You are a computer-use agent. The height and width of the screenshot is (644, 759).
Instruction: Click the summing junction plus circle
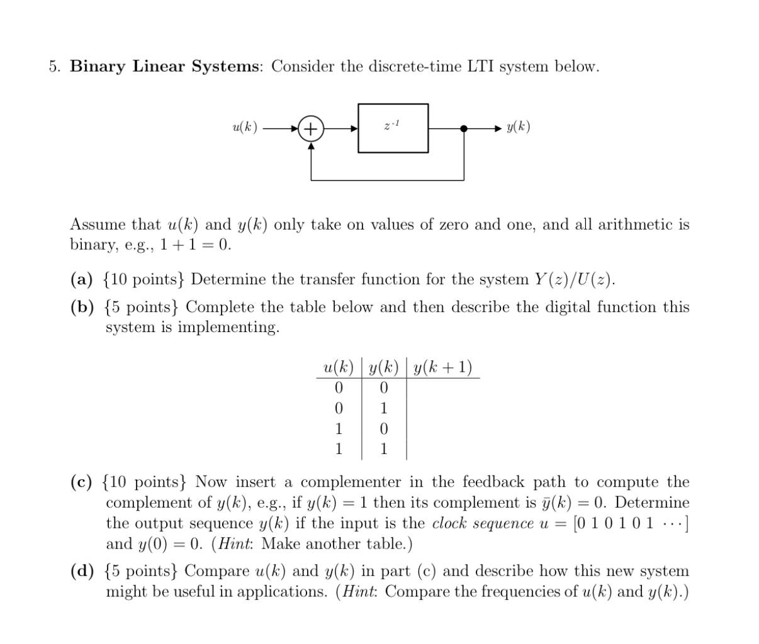coord(310,128)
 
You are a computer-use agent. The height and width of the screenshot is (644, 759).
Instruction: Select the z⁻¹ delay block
coord(393,128)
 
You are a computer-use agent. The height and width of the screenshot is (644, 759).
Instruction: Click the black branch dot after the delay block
coord(464,128)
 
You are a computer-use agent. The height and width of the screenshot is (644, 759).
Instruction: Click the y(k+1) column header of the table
coord(443,367)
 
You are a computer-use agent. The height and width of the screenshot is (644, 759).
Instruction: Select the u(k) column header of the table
coord(338,367)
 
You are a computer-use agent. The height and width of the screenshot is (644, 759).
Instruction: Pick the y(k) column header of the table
coord(383,367)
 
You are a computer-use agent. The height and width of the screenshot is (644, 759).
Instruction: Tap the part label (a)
coord(81,279)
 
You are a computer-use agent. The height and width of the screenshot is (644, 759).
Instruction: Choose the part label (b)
coord(82,308)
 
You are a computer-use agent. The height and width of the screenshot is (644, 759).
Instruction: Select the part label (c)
coord(81,482)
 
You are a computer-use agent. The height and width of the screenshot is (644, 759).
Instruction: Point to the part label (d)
coord(82,572)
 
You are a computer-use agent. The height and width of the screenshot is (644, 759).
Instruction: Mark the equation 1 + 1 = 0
coord(195,245)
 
